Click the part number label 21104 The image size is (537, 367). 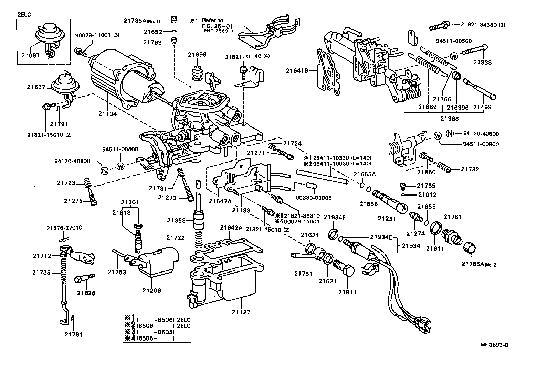click(108, 114)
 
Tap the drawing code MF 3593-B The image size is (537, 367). click(494, 345)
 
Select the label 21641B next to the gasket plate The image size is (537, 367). click(296, 71)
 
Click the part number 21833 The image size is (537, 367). click(482, 63)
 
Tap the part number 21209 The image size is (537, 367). click(151, 290)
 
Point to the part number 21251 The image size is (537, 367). click(387, 218)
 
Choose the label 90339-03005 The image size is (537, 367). click(314, 198)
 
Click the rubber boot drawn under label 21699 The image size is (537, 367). click(197, 73)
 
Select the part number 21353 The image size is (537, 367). click(177, 220)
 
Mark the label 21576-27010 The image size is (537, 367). click(64, 227)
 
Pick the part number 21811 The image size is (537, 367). click(347, 292)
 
